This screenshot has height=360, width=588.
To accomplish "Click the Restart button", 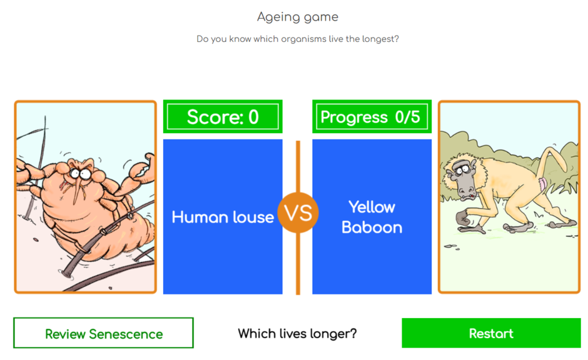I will click(x=491, y=333).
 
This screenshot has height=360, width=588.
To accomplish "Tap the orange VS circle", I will click(x=298, y=213).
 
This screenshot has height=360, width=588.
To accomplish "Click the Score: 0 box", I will click(x=223, y=117).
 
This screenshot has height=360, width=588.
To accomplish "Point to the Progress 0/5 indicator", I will click(x=372, y=117).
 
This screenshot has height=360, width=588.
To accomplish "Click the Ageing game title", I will click(x=298, y=17).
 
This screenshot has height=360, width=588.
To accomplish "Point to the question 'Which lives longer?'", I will click(x=298, y=334).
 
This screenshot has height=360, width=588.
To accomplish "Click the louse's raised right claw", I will click(x=139, y=175).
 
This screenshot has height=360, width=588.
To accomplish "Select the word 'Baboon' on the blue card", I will click(x=372, y=227).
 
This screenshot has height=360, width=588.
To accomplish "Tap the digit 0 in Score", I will click(x=253, y=117).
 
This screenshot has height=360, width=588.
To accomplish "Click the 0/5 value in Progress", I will click(x=407, y=117).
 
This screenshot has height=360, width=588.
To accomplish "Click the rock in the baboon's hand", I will click(x=465, y=219).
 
